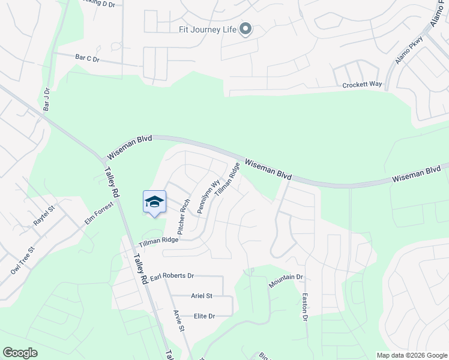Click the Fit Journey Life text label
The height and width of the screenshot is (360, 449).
click(x=206, y=28)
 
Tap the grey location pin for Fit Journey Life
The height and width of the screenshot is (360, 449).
click(x=245, y=29)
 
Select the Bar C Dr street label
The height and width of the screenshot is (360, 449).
click(x=87, y=58)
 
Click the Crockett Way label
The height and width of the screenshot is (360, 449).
click(x=362, y=85)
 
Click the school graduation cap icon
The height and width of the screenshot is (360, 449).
click(x=154, y=202)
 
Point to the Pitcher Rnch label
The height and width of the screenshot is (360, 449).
click(x=184, y=217)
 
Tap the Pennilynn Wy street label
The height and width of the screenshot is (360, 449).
click(x=208, y=195)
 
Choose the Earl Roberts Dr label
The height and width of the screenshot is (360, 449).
click(x=172, y=276)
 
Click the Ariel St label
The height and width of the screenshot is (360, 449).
click(x=202, y=296)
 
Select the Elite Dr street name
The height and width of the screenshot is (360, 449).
click(x=204, y=316)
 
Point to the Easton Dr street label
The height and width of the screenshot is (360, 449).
click(x=305, y=306)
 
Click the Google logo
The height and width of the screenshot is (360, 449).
click(x=20, y=352)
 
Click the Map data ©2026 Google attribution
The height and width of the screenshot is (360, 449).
click(x=411, y=355)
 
